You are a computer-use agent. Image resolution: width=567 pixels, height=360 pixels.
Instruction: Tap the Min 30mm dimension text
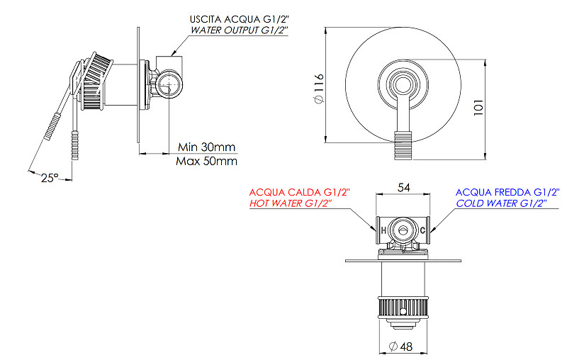click(x=206, y=147)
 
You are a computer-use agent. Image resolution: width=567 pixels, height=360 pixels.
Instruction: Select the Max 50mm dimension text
click(x=207, y=162)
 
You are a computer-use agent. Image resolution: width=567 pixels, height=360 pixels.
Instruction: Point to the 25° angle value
click(x=49, y=179)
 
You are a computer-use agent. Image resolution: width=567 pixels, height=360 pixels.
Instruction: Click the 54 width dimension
click(x=403, y=188)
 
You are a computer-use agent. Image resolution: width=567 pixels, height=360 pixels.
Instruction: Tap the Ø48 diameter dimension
click(x=402, y=347)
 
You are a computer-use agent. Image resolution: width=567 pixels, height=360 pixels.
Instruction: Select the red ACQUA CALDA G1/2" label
click(x=299, y=192)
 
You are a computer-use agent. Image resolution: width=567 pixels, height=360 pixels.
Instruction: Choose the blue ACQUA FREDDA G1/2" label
click(x=507, y=192)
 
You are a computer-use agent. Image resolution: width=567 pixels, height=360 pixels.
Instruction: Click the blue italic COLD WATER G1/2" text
click(x=502, y=204)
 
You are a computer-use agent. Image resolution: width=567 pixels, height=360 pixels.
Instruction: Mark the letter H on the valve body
click(x=383, y=231)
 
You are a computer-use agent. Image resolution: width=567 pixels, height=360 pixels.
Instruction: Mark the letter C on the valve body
click(x=423, y=231)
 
